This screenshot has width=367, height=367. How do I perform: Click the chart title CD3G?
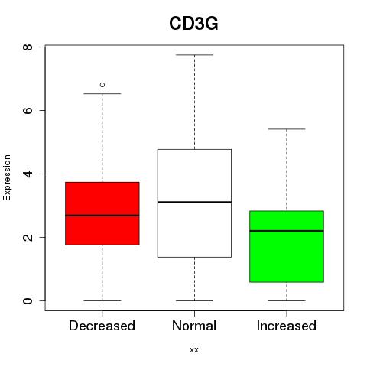193,24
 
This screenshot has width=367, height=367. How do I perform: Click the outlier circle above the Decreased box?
102,85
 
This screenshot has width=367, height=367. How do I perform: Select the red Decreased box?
102,213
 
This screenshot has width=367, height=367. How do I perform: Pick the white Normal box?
194,203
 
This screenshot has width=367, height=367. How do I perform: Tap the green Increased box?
287,246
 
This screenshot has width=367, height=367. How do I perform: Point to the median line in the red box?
102,216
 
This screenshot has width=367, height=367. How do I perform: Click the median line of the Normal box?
194,202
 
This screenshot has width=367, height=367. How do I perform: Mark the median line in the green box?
287,231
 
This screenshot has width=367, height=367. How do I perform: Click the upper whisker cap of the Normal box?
194,55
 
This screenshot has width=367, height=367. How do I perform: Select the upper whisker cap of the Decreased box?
102,94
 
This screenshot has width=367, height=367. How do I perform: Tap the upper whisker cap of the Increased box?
287,129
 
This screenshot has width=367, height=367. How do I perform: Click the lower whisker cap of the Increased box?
287,300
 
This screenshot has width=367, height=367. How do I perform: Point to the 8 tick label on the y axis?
28,47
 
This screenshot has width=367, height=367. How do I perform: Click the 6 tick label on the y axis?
28,110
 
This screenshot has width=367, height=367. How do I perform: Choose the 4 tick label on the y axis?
28,174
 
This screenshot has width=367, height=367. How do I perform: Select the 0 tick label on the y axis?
28,300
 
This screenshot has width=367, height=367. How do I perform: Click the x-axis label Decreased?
102,326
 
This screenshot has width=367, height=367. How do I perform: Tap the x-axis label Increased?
287,326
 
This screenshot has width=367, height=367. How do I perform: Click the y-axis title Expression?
7,177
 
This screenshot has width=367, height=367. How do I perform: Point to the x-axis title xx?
194,350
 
